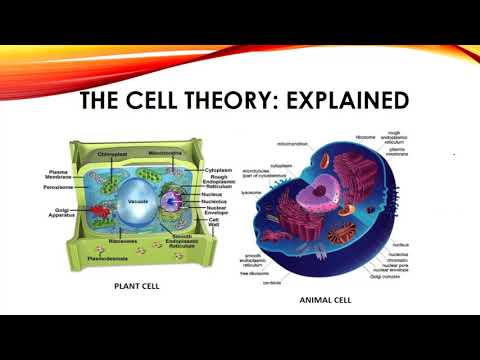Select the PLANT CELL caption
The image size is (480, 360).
click(136, 285)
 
